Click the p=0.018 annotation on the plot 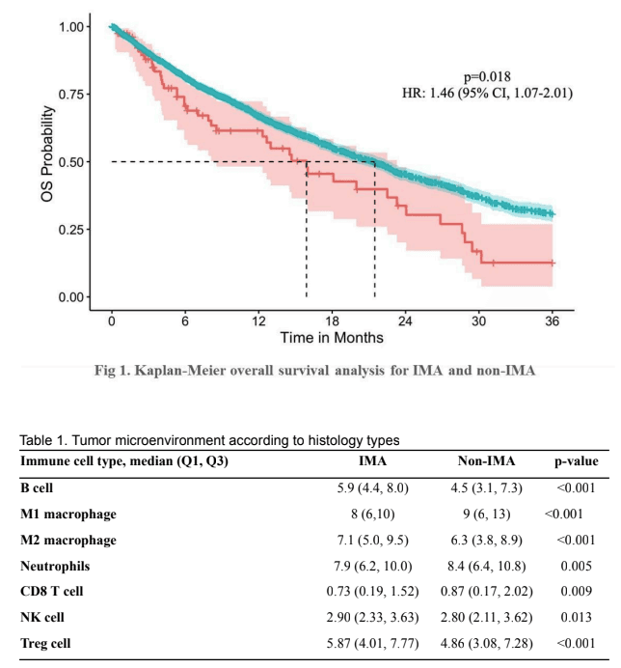click(x=487, y=76)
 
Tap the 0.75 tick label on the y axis click(x=71, y=95)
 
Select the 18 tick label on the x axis click(x=332, y=320)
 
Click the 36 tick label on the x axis click(x=552, y=320)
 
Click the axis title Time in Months click(x=332, y=338)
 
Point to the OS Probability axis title click(x=47, y=153)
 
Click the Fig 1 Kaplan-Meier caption click(x=314, y=371)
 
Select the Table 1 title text click(x=210, y=440)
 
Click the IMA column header click(x=372, y=461)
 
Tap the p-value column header click(x=577, y=461)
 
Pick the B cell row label click(x=37, y=487)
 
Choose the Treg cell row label click(x=45, y=643)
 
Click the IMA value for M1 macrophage click(x=373, y=515)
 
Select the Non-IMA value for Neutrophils click(x=487, y=567)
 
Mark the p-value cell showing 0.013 click(x=576, y=617)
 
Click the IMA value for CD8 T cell click(x=372, y=592)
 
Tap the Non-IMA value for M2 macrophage click(x=487, y=541)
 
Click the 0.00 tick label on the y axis click(x=71, y=297)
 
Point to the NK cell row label click(x=42, y=617)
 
